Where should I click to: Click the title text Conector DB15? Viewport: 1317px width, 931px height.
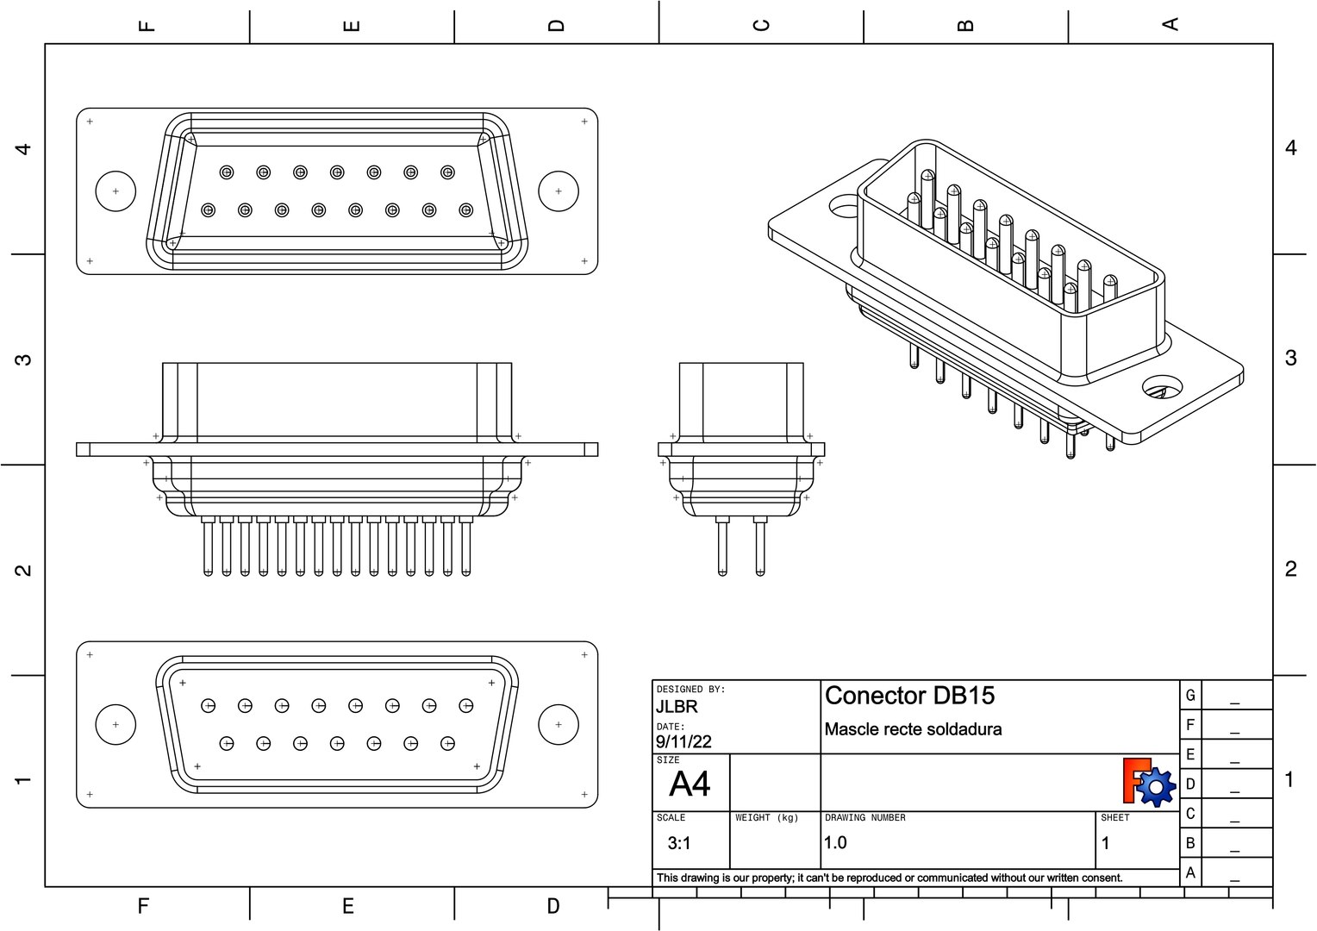909,696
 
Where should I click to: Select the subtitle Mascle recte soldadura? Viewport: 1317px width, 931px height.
913,729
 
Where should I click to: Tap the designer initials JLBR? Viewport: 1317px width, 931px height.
677,707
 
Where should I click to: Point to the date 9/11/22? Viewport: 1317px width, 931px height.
683,741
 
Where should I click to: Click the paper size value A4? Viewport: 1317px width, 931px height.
690,784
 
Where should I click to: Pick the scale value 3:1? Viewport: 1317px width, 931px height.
679,843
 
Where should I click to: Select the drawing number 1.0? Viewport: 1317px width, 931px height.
835,842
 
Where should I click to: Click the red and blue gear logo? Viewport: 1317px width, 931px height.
1149,782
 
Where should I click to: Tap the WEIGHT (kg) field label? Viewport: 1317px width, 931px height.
766,817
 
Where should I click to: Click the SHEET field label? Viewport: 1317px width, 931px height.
1114,817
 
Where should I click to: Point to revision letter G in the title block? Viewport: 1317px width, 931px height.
1190,696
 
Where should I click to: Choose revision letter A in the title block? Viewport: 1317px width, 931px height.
1190,872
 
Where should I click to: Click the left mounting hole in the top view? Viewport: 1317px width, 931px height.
115,191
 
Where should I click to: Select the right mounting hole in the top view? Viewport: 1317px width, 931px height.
559,191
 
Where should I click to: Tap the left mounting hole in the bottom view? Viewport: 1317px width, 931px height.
115,725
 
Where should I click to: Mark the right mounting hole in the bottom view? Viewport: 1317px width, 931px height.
559,725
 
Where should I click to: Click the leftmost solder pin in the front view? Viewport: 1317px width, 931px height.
208,547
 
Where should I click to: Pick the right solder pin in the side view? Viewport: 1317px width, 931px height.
759,547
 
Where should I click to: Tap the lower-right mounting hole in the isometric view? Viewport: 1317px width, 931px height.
1162,387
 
